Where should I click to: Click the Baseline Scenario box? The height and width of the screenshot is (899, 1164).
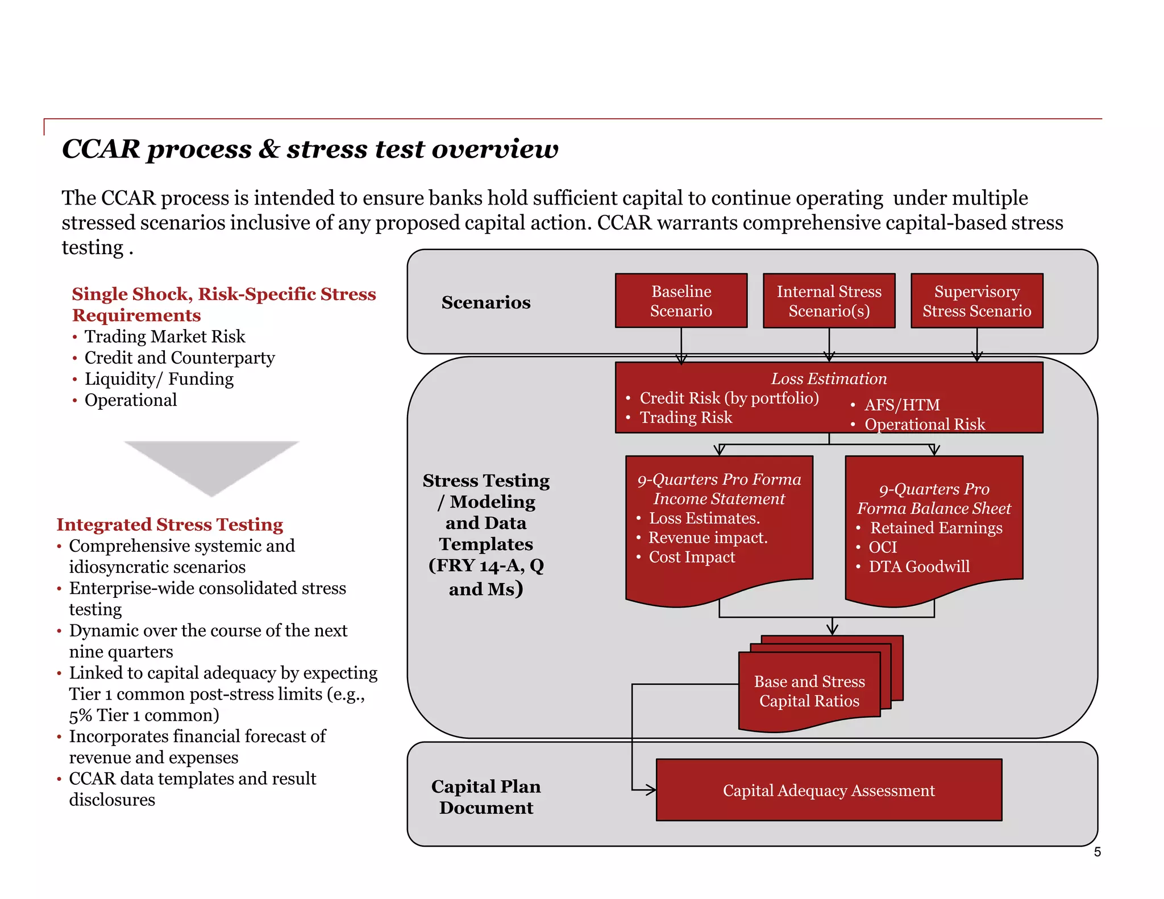[x=681, y=301]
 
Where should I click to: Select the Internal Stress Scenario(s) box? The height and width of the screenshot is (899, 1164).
[x=829, y=301]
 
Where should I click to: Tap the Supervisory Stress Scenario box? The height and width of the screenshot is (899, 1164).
[x=976, y=301]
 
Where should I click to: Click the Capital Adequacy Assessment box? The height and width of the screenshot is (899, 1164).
[x=829, y=790]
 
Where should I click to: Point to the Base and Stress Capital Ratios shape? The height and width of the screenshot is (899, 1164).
[x=809, y=690]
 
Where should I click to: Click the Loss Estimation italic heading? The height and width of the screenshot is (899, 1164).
[x=829, y=378]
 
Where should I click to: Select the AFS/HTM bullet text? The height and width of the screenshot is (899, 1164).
[x=902, y=405]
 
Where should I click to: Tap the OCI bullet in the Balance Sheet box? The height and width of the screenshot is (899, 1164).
[x=883, y=547]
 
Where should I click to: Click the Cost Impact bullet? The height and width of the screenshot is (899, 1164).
[x=692, y=557]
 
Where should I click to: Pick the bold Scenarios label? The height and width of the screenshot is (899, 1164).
[x=486, y=302]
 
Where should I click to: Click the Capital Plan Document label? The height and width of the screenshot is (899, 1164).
[x=486, y=796]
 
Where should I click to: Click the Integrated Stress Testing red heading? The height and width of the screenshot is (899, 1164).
[x=169, y=524]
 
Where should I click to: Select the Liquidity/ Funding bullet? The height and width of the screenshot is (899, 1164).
[x=159, y=378]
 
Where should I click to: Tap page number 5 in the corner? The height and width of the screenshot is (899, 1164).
[x=1097, y=852]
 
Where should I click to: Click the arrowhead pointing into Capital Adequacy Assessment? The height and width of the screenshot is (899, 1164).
[x=651, y=789]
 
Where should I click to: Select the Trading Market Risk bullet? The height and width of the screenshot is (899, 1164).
[x=165, y=336]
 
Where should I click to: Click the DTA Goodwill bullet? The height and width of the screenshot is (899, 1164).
[x=919, y=567]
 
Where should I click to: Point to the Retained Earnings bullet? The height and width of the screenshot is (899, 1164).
[x=936, y=528]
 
